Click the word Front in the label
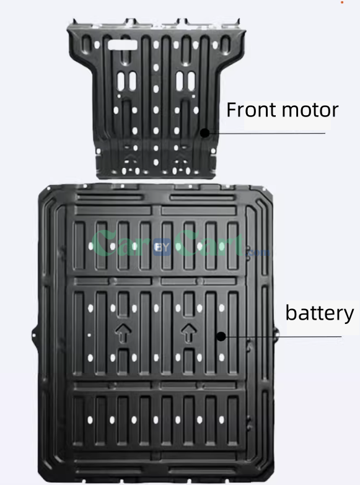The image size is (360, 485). click(x=252, y=110)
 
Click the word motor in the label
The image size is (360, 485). click(x=310, y=110)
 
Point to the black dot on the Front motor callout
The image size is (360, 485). click(x=204, y=133)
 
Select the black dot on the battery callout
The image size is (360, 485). click(x=221, y=336)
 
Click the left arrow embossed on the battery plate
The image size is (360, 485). click(x=123, y=333)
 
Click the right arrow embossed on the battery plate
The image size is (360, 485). click(x=188, y=333)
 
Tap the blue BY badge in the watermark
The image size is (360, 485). click(x=162, y=247)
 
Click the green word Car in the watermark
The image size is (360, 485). click(x=121, y=243)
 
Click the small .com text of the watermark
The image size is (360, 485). click(x=258, y=253)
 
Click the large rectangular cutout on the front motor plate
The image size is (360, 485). click(x=122, y=45)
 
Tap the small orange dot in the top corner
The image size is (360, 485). click(x=342, y=2)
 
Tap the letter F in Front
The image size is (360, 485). click(x=231, y=110)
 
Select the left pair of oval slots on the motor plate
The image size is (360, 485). click(x=126, y=81)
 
